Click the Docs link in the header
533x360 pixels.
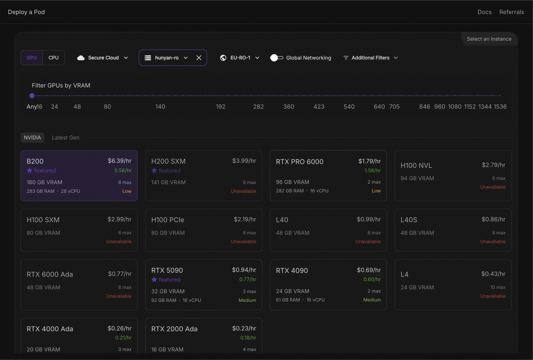pos(484,12)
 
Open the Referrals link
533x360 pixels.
pos(511,12)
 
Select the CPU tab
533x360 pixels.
pos(54,58)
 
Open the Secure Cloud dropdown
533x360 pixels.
pos(103,58)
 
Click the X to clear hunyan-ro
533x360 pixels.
pos(199,58)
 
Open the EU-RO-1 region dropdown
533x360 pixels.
pos(240,58)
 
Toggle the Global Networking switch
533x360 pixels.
pos(276,58)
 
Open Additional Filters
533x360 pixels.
pos(371,58)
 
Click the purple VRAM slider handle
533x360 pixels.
pos(32,96)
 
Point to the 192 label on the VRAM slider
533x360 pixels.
pos(221,107)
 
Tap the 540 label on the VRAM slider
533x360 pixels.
pos(349,107)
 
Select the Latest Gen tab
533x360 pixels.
pos(66,137)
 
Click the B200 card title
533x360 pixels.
pos(35,161)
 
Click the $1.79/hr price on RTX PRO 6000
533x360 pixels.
pos(369,161)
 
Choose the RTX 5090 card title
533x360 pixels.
pos(167,270)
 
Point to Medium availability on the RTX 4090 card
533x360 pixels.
pos(372,300)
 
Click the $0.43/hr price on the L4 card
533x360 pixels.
pos(493,274)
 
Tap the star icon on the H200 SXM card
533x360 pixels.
pos(154,171)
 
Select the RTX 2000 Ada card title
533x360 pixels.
pos(174,329)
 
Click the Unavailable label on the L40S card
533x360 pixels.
pos(492,242)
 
